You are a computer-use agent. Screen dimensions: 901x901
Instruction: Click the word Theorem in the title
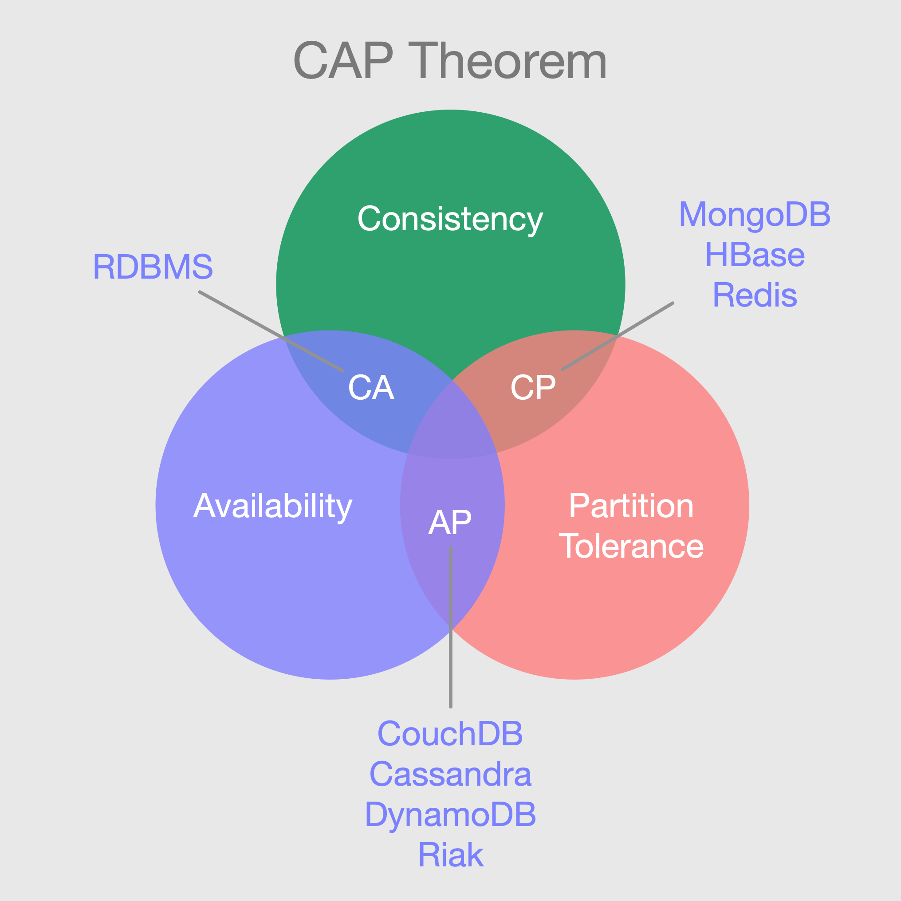click(508, 61)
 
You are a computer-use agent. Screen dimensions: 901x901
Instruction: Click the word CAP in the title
click(343, 61)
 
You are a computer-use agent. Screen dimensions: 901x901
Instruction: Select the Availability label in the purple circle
click(273, 507)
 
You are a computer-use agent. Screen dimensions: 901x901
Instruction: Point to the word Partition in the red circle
click(631, 506)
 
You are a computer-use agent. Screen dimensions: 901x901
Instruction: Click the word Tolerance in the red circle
click(631, 546)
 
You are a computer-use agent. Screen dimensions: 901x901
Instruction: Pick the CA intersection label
click(371, 388)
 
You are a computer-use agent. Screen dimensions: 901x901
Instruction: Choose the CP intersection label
click(533, 388)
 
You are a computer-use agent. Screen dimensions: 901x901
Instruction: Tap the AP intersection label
click(450, 522)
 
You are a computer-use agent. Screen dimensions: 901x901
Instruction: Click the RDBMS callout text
click(153, 267)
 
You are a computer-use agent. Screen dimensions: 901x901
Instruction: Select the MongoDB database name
click(755, 215)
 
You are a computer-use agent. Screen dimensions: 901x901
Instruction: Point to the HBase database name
click(755, 255)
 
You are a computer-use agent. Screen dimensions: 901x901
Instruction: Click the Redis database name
click(755, 295)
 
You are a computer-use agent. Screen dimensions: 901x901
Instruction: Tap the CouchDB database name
click(450, 734)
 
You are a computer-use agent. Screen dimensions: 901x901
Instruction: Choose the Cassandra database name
click(450, 774)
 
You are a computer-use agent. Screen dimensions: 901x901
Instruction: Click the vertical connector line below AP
click(451, 653)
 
